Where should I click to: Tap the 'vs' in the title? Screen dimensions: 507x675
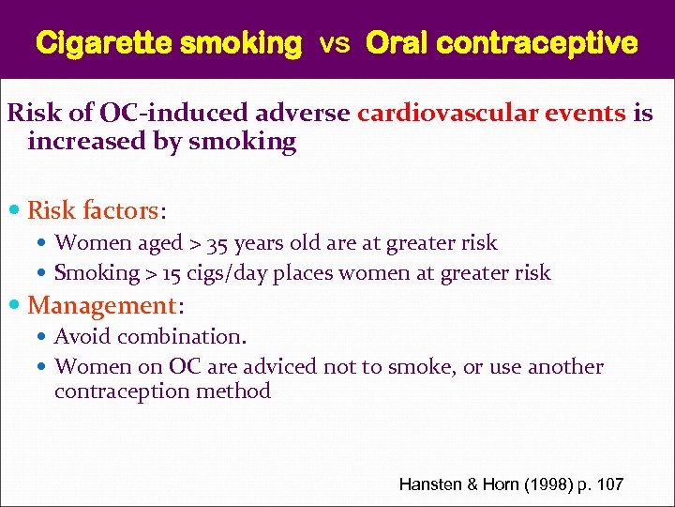point(334,43)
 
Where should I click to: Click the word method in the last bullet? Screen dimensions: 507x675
point(238,391)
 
